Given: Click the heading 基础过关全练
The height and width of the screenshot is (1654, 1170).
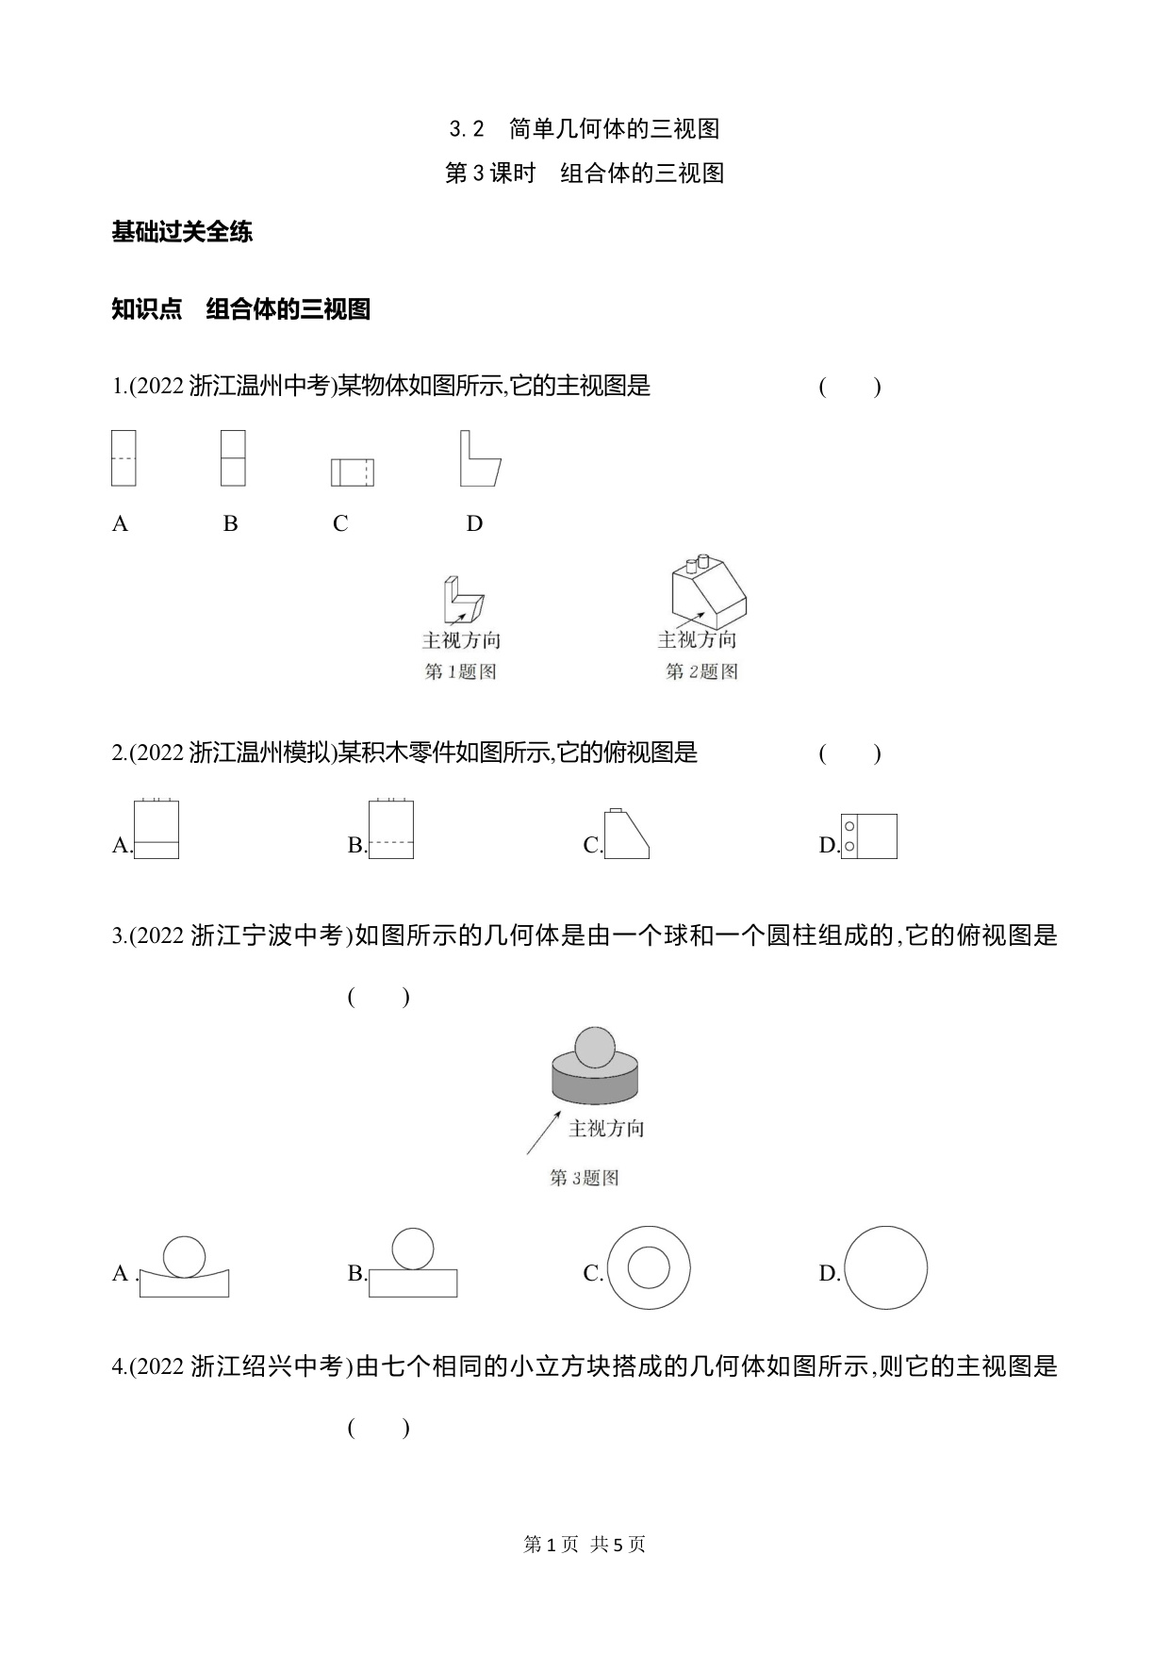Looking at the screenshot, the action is click(x=182, y=231).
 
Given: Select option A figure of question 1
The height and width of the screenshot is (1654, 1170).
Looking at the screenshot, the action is click(x=124, y=458).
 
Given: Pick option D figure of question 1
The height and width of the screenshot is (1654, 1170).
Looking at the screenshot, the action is click(x=480, y=458).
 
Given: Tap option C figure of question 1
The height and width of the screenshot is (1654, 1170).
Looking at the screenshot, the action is click(x=353, y=472).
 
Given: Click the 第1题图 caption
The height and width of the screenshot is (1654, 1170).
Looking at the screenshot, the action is click(x=461, y=671).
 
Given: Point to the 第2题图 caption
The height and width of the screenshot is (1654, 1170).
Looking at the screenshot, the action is click(x=701, y=671).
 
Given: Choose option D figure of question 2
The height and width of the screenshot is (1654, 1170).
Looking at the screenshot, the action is click(x=868, y=836).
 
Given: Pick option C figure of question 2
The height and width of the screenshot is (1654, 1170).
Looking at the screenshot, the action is click(x=626, y=833).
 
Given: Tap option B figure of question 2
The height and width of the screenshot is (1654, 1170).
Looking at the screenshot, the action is click(x=390, y=829).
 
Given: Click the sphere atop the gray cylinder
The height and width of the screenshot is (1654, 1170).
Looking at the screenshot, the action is click(x=595, y=1048).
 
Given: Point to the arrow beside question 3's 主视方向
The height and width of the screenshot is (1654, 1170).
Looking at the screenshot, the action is click(x=544, y=1133).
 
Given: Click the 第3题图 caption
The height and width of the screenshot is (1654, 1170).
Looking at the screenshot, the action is click(x=585, y=1178).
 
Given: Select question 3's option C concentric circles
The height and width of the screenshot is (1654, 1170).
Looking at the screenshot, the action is click(x=649, y=1267).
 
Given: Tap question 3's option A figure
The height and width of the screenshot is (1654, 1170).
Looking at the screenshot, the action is click(x=184, y=1266).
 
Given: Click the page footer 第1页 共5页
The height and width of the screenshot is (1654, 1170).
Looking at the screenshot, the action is click(x=585, y=1545).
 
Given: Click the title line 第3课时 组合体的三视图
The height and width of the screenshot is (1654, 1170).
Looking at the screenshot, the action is click(x=585, y=174).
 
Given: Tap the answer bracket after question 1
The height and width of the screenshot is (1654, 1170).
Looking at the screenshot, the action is click(x=850, y=387).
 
